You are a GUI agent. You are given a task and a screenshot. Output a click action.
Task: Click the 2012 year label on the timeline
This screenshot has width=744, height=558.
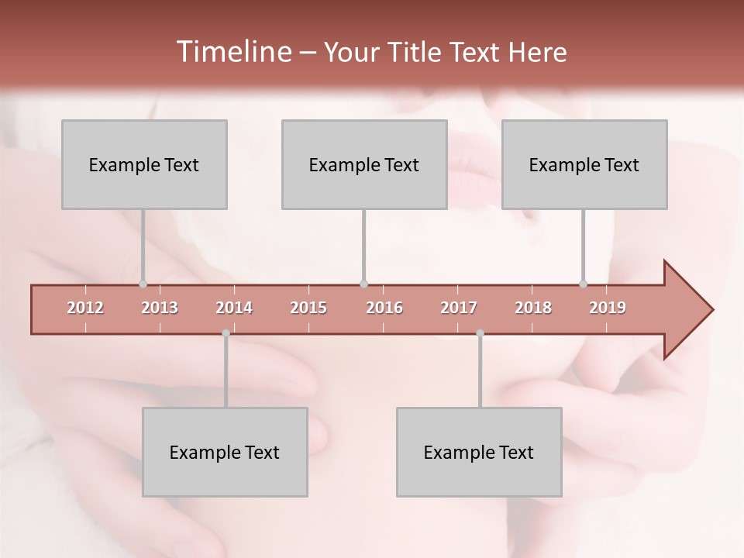[85, 308]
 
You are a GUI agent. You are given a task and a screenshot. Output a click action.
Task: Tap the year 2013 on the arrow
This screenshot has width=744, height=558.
[160, 308]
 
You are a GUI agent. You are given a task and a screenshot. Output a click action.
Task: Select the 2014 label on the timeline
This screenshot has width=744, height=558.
[234, 308]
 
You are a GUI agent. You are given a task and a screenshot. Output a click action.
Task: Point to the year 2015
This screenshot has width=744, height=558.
[308, 308]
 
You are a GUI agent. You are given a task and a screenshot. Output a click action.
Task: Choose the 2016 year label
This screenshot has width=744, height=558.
[384, 308]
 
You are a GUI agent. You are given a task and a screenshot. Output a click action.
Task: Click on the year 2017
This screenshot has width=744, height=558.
[459, 308]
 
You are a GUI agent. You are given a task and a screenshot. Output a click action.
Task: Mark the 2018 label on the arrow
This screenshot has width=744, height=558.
[533, 308]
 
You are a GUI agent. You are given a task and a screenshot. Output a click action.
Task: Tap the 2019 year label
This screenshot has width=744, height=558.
[608, 308]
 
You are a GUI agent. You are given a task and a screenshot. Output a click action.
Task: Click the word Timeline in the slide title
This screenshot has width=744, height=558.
[232, 52]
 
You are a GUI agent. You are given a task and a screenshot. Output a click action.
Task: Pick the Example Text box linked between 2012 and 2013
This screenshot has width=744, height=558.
[144, 164]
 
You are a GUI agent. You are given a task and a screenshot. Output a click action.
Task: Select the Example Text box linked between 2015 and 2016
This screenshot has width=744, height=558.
[364, 164]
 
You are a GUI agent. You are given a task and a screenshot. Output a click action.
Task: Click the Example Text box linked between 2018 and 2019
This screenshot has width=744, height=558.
[584, 164]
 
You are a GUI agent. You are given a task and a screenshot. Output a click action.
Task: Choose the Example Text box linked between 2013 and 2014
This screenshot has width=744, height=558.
[225, 452]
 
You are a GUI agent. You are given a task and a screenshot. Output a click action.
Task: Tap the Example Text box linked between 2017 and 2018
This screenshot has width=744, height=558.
[479, 452]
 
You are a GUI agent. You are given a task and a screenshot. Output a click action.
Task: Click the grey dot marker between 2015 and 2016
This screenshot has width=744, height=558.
[363, 284]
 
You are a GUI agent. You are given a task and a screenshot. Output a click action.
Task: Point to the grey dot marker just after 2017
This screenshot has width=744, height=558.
[480, 333]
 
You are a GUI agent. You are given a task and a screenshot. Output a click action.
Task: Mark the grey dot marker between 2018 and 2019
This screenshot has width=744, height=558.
[584, 284]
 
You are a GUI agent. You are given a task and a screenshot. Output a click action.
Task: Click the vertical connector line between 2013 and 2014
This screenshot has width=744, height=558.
[226, 372]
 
